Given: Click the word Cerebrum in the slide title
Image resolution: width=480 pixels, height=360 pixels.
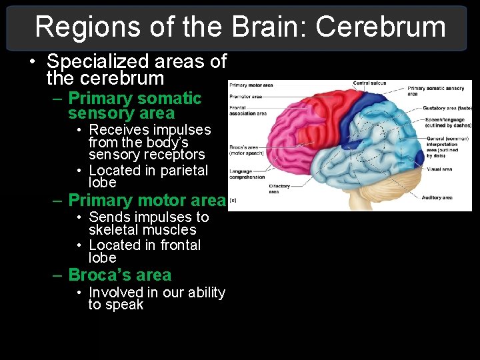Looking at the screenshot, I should point(380,27).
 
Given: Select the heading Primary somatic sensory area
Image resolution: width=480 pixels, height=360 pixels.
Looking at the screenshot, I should point(134,105).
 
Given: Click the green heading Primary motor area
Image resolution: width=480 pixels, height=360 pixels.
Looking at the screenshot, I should point(147,200).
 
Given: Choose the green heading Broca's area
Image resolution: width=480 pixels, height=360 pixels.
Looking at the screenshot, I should point(119,275).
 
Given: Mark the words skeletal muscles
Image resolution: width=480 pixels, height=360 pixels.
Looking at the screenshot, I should point(142,230).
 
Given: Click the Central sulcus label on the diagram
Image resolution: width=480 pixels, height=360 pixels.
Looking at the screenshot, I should point(370,83).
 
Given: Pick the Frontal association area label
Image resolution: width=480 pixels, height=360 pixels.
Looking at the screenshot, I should point(247,111).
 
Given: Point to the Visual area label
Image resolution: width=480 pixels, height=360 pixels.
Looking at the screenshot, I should point(438,169).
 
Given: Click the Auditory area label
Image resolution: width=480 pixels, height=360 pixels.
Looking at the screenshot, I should point(437,197).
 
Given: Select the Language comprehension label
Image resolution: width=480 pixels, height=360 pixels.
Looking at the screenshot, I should point(247,174).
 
